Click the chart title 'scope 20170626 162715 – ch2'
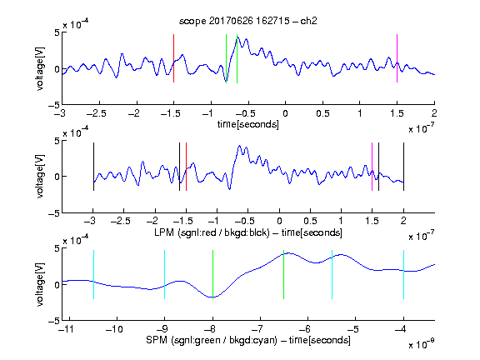[248, 21]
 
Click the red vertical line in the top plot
[174, 58]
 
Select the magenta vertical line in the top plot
[397, 58]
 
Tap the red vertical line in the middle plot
[186, 167]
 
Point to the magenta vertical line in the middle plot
[372, 167]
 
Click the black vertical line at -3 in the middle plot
[93, 167]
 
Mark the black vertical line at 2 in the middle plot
[404, 167]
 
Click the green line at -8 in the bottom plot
[212, 274]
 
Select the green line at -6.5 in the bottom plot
[284, 274]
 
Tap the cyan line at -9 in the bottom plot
[165, 274]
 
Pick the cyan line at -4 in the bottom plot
[404, 274]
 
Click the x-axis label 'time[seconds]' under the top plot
[248, 124]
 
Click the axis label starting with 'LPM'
[248, 232]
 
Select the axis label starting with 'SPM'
[248, 340]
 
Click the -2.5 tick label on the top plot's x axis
[97, 113]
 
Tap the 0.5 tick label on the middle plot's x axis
[310, 221]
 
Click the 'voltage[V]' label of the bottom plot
[40, 284]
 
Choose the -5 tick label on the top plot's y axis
[54, 105]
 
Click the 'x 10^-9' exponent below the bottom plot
[422, 344]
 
